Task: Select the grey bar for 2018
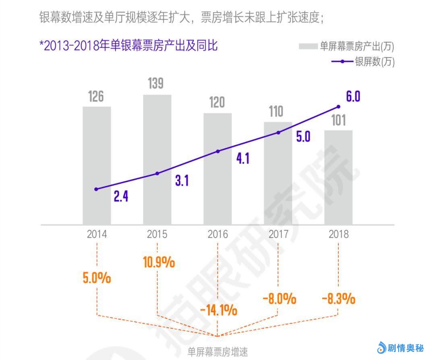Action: tap(338, 177)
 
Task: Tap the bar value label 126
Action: tap(96, 97)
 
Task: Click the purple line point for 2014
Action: tap(96, 189)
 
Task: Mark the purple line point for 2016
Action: tap(218, 151)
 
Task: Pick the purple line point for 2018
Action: tap(338, 107)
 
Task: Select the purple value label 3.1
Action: tap(182, 181)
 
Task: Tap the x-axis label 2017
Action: tap(278, 234)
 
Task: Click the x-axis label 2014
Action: tap(97, 234)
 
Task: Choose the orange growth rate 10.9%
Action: tap(159, 263)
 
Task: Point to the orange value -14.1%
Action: tap(218, 310)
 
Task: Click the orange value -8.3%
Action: tap(338, 299)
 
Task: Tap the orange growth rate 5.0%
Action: tap(97, 278)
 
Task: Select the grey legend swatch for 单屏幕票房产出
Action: tap(308, 46)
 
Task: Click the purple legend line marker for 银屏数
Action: tap(342, 62)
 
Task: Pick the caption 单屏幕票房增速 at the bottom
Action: tap(218, 352)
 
